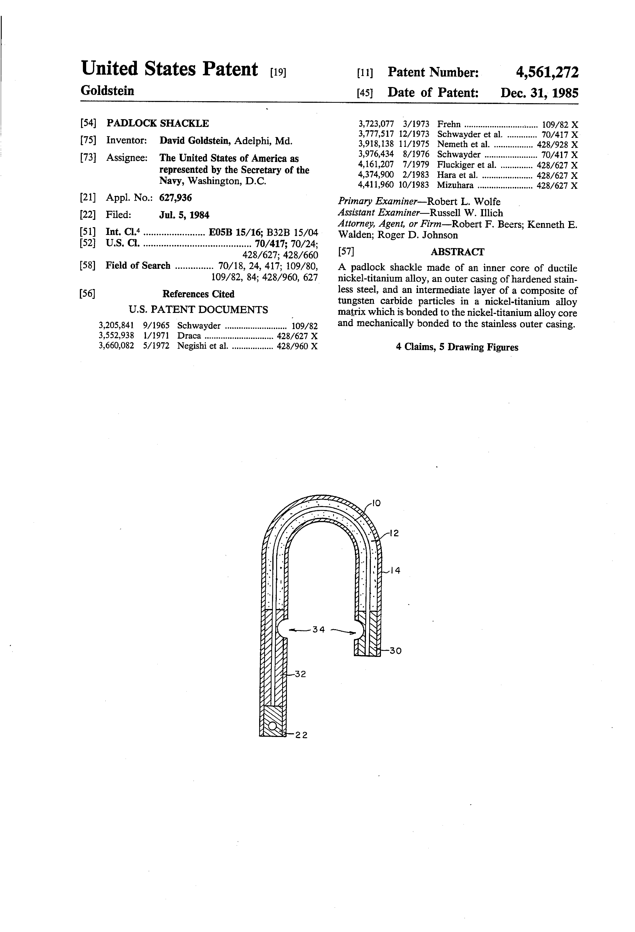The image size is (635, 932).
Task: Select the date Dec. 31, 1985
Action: [x=540, y=93]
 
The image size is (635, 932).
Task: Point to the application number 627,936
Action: [x=175, y=198]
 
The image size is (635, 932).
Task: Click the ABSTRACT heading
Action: [x=457, y=252]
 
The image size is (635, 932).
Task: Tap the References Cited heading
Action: [x=198, y=294]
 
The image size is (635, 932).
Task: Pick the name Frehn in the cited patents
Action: [x=449, y=124]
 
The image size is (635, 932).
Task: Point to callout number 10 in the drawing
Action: [x=376, y=503]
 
